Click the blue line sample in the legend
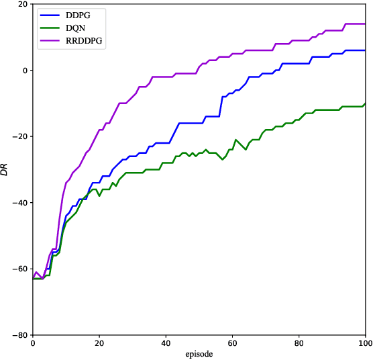click(49, 15)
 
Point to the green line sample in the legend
click(49, 28)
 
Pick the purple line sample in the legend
click(49, 40)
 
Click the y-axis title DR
click(6, 169)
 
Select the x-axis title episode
click(199, 353)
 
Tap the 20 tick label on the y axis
click(22, 5)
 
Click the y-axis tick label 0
click(24, 71)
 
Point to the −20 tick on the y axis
click(19, 137)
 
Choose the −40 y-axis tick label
click(19, 203)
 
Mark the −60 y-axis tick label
click(19, 269)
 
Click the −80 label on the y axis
click(19, 335)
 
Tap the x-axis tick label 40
click(165, 343)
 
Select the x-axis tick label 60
click(231, 343)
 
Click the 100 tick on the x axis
click(364, 343)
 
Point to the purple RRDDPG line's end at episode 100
click(365, 24)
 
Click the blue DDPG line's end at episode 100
click(365, 50)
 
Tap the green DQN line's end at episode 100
click(365, 103)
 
